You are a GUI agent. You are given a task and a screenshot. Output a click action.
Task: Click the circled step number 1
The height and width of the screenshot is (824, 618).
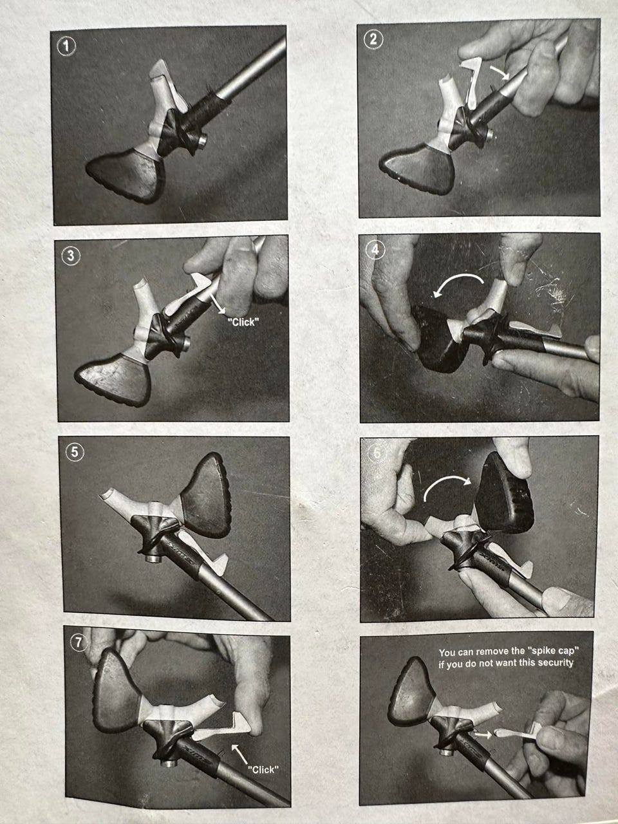(67, 46)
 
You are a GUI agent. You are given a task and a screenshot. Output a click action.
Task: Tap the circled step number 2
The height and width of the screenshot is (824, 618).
(373, 39)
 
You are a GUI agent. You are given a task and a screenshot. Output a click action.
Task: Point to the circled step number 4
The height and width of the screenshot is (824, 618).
(375, 250)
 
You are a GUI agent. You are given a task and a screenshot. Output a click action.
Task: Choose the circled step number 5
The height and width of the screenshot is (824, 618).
(75, 452)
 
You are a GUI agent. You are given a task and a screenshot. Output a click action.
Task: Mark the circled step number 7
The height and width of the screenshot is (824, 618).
(78, 642)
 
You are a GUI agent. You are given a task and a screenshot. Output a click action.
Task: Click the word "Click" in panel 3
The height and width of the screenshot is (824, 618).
(243, 322)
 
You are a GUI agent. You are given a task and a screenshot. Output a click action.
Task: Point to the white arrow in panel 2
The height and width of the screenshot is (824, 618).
(500, 73)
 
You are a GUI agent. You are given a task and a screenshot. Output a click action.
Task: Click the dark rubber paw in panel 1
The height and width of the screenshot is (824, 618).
(126, 175)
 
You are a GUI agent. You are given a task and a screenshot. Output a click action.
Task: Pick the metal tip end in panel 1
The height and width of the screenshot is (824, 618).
(202, 142)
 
